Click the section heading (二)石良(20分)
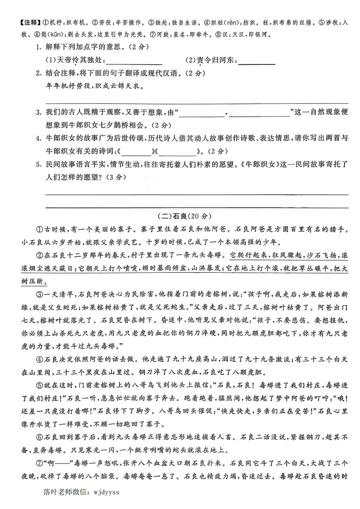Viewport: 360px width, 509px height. [x=180, y=216]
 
